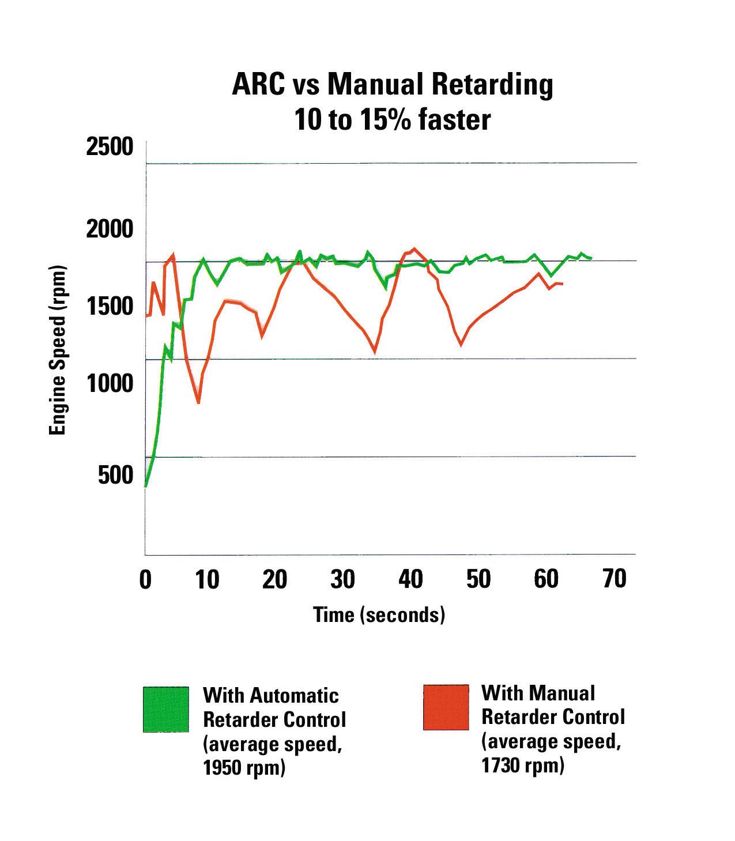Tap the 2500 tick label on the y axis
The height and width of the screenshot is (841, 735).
point(110,148)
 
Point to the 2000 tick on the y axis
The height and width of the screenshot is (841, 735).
point(110,229)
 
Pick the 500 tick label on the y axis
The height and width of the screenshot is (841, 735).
point(116,475)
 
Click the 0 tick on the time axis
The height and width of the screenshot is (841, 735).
point(145,579)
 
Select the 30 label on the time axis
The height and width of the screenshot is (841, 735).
point(342,579)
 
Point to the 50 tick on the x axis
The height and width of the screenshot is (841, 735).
point(478,579)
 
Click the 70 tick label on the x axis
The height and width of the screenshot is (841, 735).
point(614,579)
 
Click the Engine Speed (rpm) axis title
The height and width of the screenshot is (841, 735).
point(57,350)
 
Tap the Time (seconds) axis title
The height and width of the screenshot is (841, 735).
point(379,614)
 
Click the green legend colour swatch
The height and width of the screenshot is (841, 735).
point(166,709)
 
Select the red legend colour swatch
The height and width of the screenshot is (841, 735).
point(446,707)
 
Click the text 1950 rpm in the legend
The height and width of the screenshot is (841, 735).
point(244,768)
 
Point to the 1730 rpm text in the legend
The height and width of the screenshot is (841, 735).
point(522,765)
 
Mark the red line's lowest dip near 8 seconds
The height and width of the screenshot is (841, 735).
point(198,402)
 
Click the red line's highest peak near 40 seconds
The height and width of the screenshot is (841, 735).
point(413,248)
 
